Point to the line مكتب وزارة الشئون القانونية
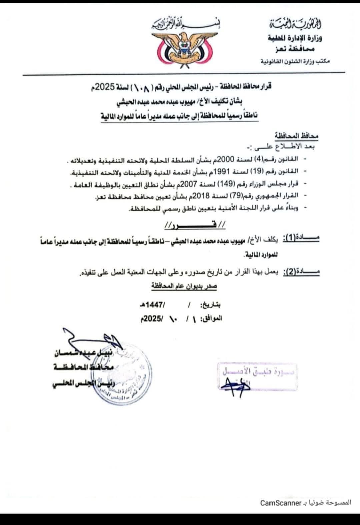[x=295, y=61]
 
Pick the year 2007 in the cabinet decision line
[x=202, y=184]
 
